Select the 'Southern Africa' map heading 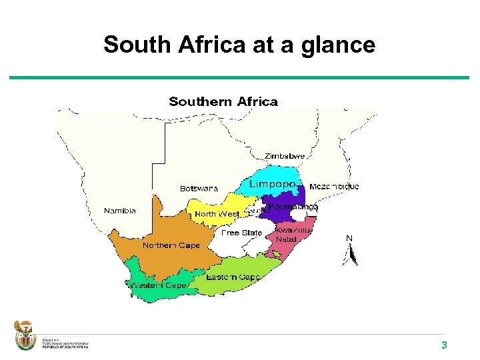tap(223, 101)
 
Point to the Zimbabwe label tap(285, 156)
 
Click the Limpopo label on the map tap(272, 184)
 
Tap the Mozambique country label tap(334, 187)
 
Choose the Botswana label tap(199, 189)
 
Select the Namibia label tap(120, 211)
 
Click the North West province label tap(217, 214)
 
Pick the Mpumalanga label tap(297, 207)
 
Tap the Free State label tap(242, 233)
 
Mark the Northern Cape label tap(171, 245)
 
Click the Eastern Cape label tap(233, 277)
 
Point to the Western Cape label tap(158, 285)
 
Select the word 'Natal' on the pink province tap(286, 239)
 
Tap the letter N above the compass tap(349, 238)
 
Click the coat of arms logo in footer tap(24, 336)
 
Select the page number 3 tap(443, 345)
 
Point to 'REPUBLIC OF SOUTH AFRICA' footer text tap(65, 346)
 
